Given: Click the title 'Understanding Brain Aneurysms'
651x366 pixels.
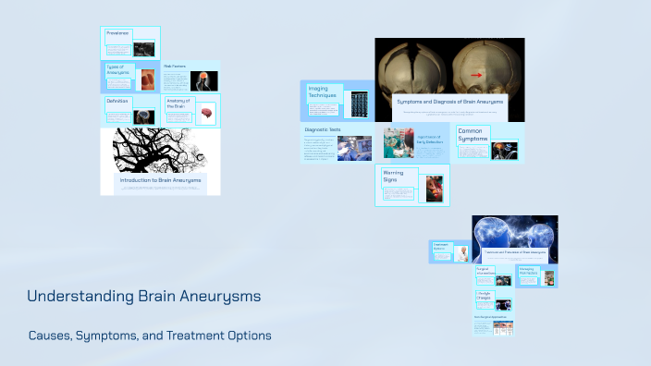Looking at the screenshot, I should [143, 297].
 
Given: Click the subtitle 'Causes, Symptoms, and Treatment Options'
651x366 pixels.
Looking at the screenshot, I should [150, 335].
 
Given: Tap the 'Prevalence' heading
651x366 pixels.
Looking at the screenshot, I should [117, 33].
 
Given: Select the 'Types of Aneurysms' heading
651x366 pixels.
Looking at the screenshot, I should [119, 70].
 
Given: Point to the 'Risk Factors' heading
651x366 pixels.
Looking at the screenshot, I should [177, 67].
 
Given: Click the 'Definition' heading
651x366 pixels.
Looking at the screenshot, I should [117, 101].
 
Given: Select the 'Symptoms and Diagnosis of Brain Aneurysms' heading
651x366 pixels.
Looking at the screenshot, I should [449, 100].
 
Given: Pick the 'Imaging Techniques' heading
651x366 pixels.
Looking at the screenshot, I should [324, 92].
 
